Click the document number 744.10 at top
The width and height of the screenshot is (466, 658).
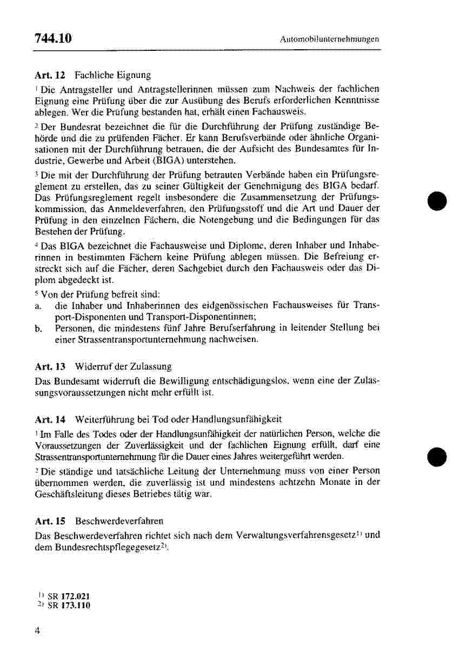click(53, 38)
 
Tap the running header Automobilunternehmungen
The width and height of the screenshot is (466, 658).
click(330, 39)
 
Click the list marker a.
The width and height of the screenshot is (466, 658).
click(37, 306)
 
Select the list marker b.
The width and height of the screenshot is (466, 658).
click(38, 328)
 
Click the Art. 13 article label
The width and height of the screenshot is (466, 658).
click(50, 367)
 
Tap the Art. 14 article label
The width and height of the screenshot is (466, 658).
click(50, 419)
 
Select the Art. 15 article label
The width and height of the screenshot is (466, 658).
click(50, 521)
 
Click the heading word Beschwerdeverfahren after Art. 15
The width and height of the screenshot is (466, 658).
click(119, 521)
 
